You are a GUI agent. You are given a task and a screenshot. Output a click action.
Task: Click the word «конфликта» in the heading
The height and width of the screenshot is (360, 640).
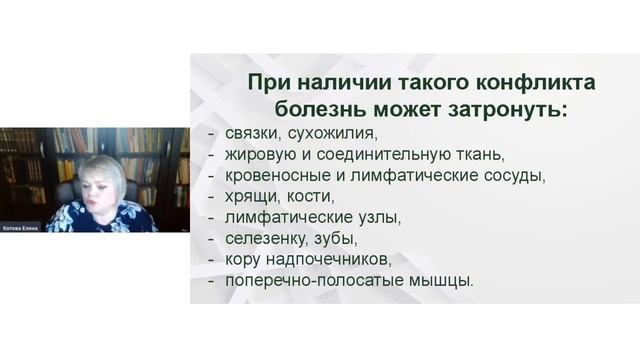512,81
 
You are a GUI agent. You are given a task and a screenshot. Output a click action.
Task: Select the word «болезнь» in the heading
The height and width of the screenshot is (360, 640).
296,108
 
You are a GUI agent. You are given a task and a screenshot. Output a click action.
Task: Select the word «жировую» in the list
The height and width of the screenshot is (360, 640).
262,155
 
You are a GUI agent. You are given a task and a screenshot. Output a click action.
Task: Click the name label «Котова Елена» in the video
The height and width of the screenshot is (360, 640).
20,227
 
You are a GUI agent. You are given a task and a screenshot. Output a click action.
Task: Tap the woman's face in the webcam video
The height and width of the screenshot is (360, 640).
108,178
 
